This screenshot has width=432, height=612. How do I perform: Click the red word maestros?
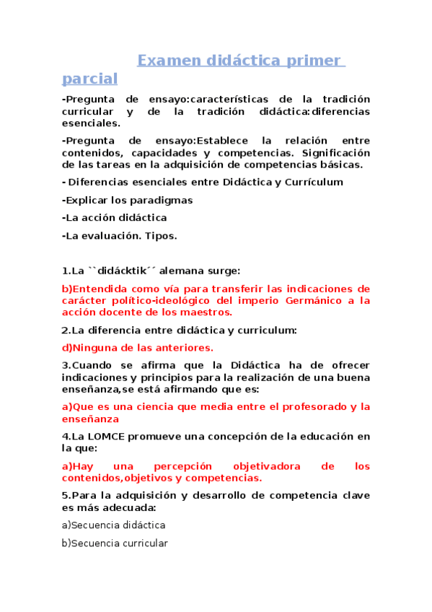(x=206, y=312)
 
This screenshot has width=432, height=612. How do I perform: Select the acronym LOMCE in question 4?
(x=101, y=436)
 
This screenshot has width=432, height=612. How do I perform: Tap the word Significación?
(x=336, y=152)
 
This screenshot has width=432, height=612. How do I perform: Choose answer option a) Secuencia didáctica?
(x=114, y=525)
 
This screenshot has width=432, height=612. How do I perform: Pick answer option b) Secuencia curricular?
(x=115, y=543)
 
